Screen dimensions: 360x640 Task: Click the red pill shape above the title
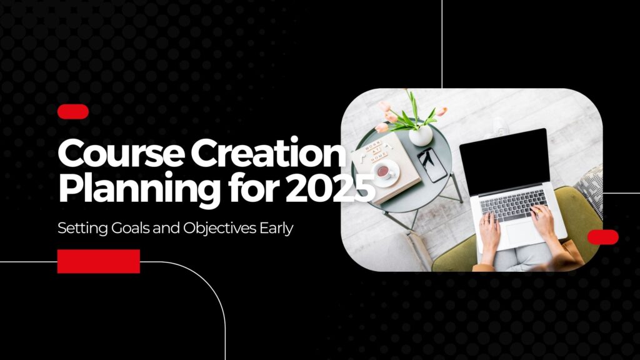click(72, 112)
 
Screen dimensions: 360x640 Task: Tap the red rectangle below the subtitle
click(99, 261)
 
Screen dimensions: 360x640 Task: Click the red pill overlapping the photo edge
click(602, 237)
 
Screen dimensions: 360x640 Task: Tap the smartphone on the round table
click(432, 164)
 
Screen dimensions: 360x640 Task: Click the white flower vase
click(420, 134)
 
